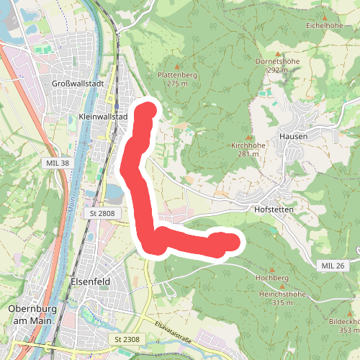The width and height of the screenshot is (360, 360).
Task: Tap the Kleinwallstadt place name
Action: pyautogui.click(x=102, y=117)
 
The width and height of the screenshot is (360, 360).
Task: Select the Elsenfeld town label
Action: pyautogui.click(x=90, y=282)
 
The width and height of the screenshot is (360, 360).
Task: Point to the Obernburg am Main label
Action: pyautogui.click(x=32, y=314)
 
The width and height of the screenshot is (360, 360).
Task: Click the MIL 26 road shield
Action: pyautogui.click(x=333, y=266)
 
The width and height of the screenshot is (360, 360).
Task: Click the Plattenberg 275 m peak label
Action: pyautogui.click(x=176, y=79)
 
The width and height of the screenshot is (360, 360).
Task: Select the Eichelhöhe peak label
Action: pyautogui.click(x=324, y=24)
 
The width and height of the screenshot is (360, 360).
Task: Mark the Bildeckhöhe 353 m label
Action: pyautogui.click(x=343, y=325)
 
